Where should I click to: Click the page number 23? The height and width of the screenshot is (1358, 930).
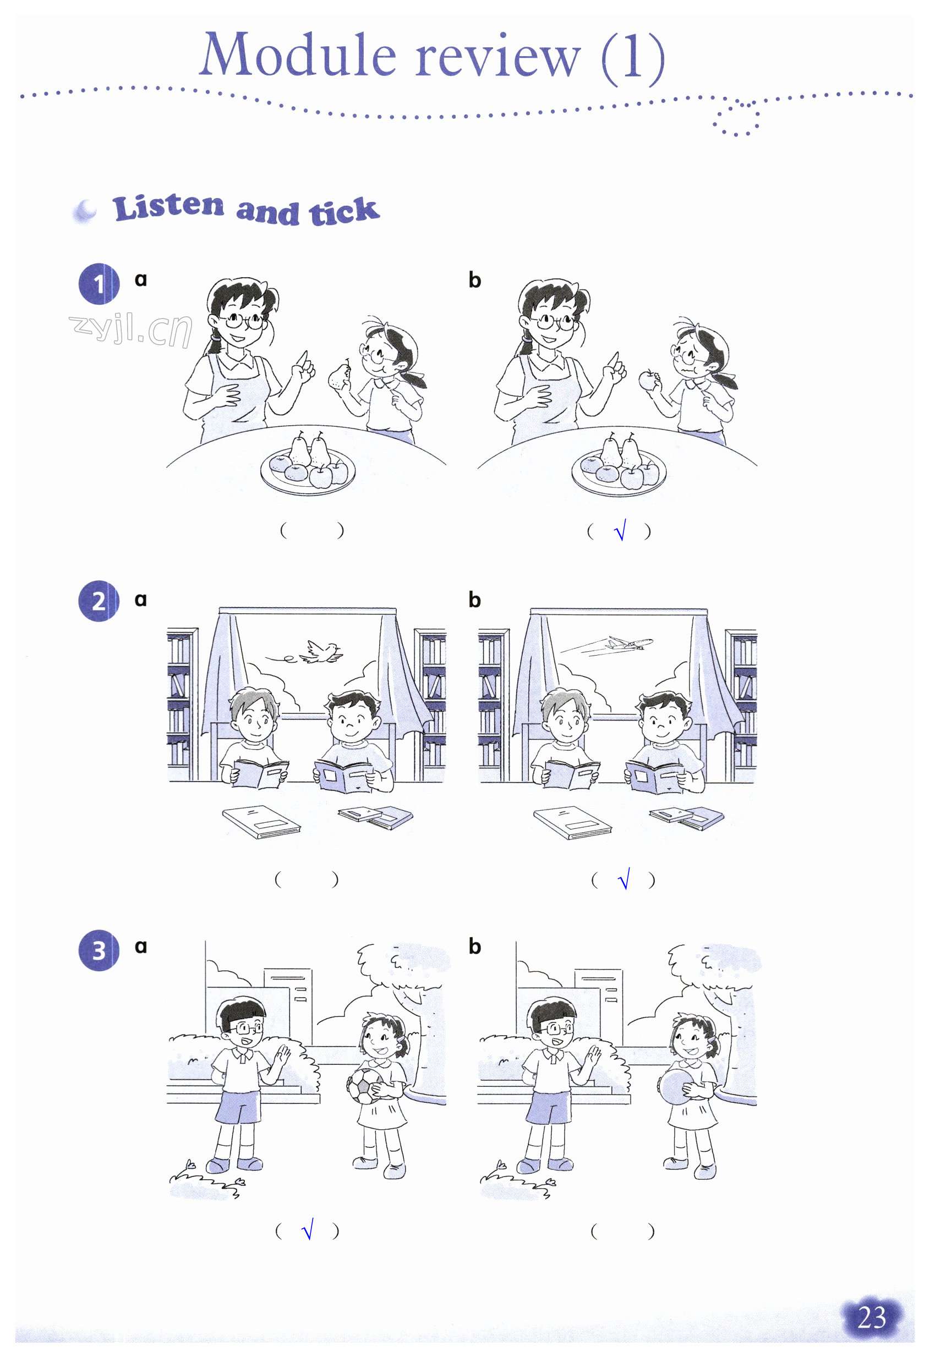[871, 1318]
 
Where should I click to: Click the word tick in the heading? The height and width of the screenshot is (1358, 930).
[344, 211]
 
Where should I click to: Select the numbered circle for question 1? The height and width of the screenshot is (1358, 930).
[99, 284]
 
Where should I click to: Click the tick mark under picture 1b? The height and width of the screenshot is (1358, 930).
[620, 530]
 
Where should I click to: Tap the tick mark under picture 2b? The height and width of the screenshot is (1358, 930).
[623, 878]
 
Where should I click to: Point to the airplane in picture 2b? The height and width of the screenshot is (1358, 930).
[630, 644]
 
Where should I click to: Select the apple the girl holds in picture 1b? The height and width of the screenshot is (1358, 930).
[648, 381]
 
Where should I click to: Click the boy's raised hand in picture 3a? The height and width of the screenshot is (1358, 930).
[284, 1057]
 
